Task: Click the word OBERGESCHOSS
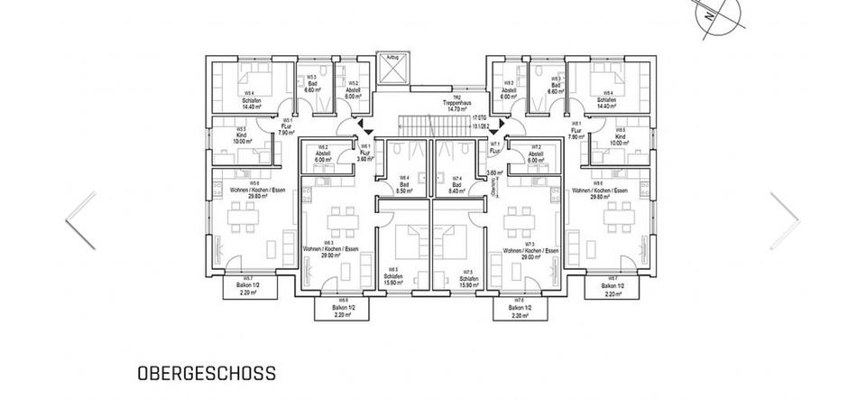pos(206,372)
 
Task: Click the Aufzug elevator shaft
pos(392,70)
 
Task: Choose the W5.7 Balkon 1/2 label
pos(246,288)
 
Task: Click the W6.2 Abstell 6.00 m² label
pos(323,154)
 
